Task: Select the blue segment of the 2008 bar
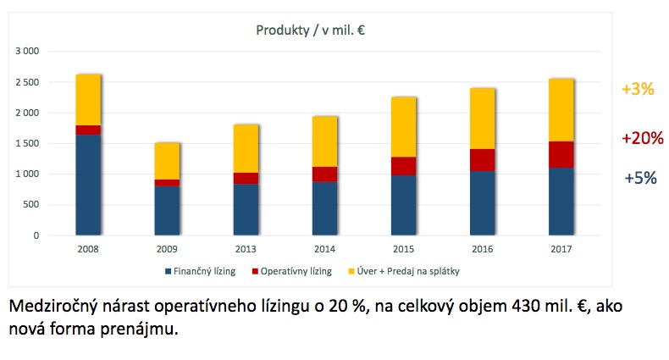point(88,184)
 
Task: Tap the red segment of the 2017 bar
point(561,154)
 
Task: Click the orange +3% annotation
point(637,89)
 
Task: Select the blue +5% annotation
point(640,178)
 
